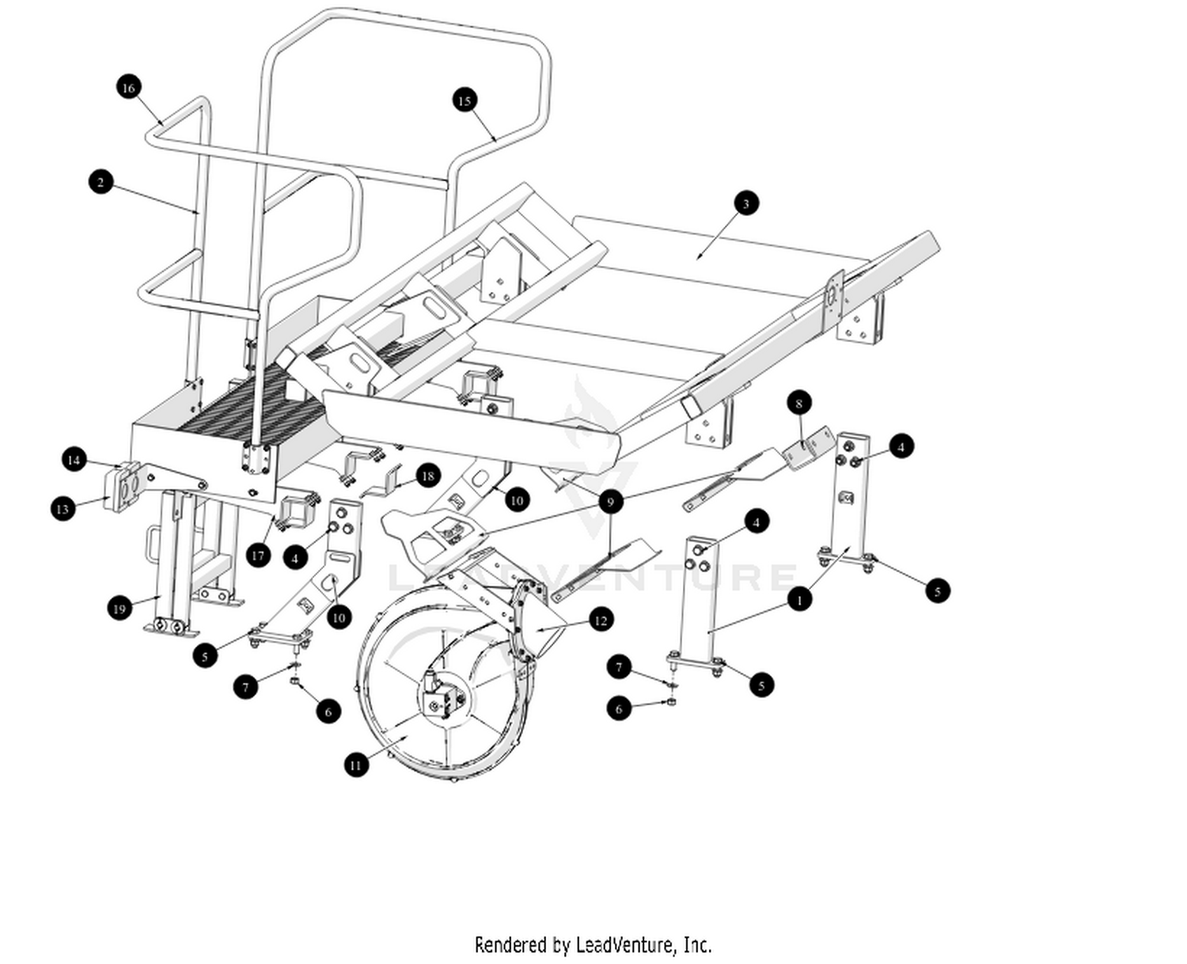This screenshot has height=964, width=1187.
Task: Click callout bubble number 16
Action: [x=128, y=87]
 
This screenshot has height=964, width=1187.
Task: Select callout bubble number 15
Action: [x=465, y=101]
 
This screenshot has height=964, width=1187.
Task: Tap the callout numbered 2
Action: [x=100, y=182]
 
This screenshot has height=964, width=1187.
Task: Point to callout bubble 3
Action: [x=745, y=203]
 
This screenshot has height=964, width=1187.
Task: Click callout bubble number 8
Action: [x=799, y=403]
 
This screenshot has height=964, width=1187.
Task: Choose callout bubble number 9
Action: [x=609, y=502]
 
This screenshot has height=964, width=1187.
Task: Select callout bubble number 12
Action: [x=601, y=620]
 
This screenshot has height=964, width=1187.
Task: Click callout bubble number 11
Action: [x=356, y=765]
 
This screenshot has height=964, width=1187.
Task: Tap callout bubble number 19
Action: [x=119, y=609]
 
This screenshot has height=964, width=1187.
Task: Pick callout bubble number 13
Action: [x=63, y=509]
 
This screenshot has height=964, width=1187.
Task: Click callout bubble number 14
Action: [x=74, y=460]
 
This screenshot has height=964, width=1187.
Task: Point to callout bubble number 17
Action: [x=257, y=555]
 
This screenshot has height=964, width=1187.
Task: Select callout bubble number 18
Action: [x=427, y=476]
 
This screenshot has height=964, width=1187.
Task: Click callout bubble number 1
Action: [x=799, y=600]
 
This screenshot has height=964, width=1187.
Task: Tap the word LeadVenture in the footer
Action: [x=625, y=945]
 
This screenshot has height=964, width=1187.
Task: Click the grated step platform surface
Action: [x=253, y=400]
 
